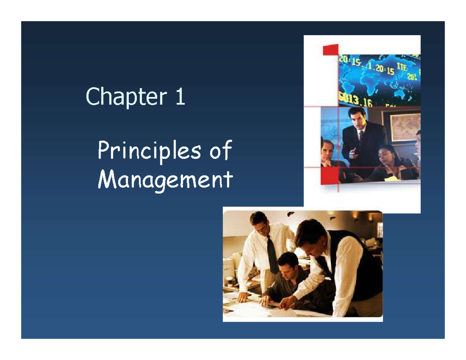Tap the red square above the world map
(330, 49)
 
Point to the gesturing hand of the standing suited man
(352, 152)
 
